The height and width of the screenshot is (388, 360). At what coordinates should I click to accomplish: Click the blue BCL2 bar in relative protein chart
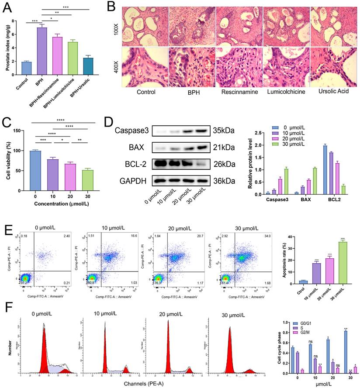click(x=325, y=170)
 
